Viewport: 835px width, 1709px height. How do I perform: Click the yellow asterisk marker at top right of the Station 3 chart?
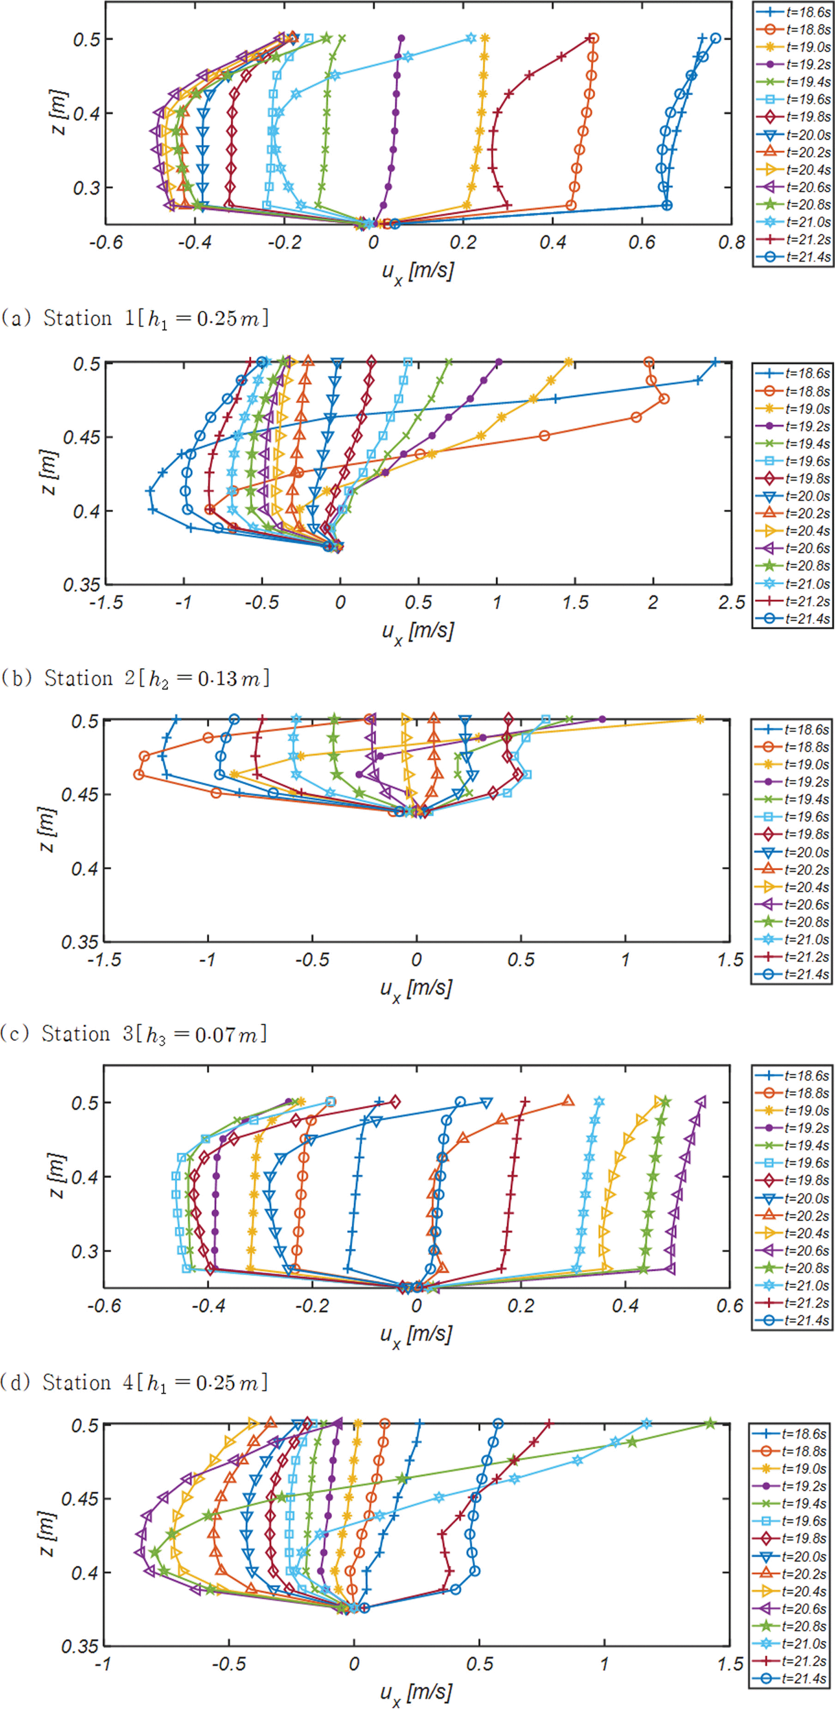[700, 719]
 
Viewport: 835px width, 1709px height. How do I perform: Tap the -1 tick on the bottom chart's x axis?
[103, 1665]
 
